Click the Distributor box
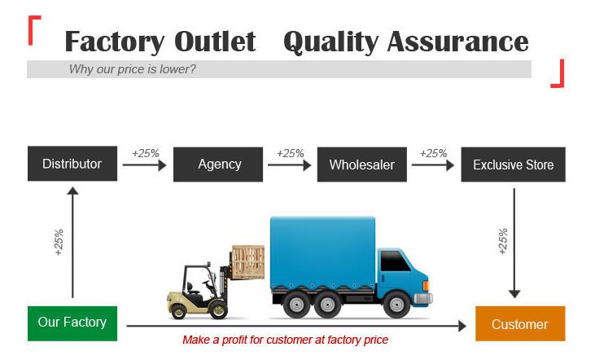72,164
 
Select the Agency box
218,165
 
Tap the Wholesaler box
362,165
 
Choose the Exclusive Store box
513,165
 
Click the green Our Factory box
72,323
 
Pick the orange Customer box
520,323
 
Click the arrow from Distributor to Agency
145,165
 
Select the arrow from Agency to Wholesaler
290,165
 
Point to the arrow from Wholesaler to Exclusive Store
433,165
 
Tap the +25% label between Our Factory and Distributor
59,242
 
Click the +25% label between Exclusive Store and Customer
503,241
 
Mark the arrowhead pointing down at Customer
514,294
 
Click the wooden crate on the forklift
248,262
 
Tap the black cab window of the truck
395,261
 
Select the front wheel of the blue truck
397,305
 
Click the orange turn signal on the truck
426,286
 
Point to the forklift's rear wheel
177,311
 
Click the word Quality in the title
331,42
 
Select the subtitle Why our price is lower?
133,69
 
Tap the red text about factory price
286,340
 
